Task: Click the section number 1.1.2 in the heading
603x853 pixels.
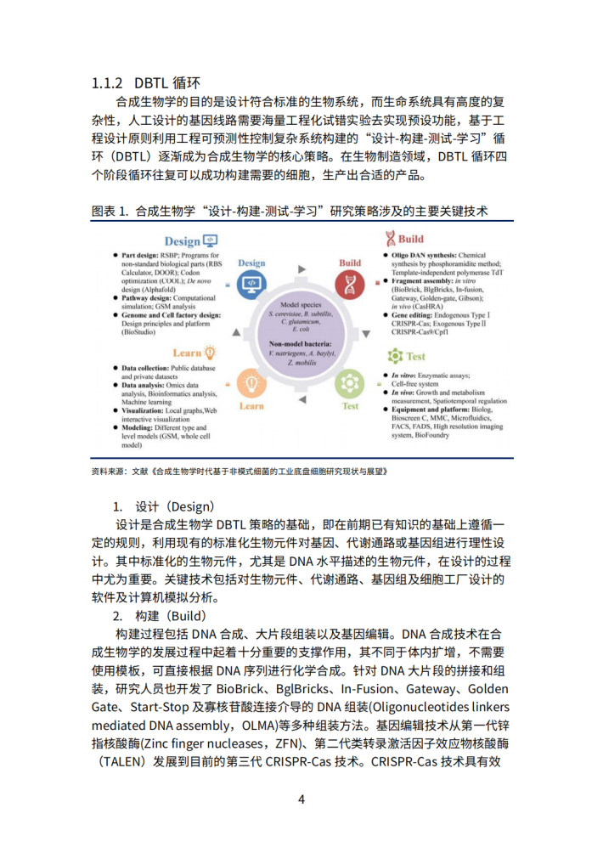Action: click(110, 83)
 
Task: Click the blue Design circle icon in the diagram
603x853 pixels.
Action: click(252, 287)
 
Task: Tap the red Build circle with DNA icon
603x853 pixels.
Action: click(350, 287)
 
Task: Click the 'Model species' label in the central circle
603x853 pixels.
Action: click(301, 303)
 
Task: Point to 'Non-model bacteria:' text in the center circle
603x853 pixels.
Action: click(301, 343)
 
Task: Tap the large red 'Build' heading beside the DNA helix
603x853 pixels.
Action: click(411, 240)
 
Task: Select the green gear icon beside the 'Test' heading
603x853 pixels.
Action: click(395, 356)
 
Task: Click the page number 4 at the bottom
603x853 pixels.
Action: click(301, 799)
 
